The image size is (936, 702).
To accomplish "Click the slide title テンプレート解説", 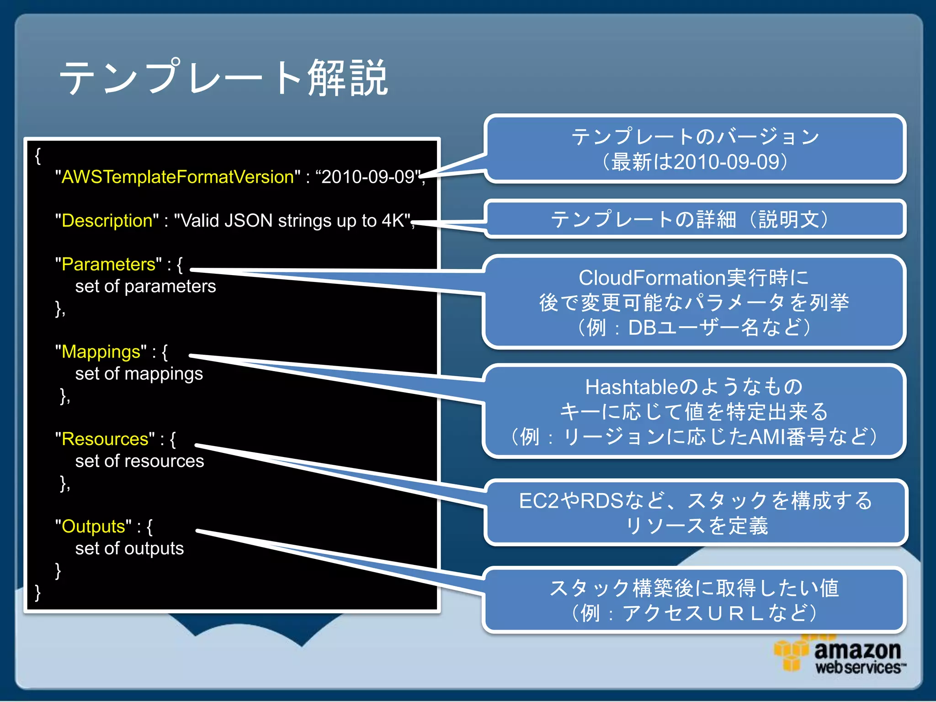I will [224, 78].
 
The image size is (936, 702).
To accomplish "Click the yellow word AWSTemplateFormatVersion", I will [177, 177].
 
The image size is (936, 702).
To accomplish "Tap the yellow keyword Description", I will [106, 221].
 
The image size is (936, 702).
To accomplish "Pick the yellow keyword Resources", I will [105, 439].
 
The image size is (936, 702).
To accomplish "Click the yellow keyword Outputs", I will [96, 526].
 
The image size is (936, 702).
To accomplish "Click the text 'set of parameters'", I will [145, 287].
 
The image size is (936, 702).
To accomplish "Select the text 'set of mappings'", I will [139, 374].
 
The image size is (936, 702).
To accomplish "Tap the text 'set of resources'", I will [139, 461].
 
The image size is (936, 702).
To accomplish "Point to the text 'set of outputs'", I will [129, 548].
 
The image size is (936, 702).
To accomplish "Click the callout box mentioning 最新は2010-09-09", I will [695, 149].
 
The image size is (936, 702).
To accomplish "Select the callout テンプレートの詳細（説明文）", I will [695, 219].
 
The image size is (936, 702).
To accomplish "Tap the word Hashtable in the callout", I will [631, 387].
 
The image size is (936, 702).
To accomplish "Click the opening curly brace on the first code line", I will [38, 155].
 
